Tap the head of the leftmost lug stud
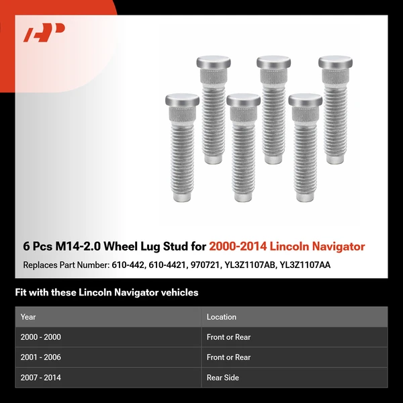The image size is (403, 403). (x=182, y=100)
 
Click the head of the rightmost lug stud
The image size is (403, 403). (x=335, y=62)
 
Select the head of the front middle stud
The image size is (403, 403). (x=243, y=100)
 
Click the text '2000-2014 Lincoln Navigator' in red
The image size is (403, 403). (x=287, y=247)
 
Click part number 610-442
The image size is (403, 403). (x=126, y=265)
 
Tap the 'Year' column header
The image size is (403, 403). (x=28, y=317)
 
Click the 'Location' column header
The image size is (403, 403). (x=221, y=317)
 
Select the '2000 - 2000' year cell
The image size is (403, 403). (x=41, y=337)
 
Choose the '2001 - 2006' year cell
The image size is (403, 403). (x=41, y=357)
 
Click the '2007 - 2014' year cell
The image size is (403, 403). (x=41, y=377)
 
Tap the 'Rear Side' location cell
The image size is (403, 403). (x=223, y=377)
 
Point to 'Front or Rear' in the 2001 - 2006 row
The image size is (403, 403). (x=228, y=357)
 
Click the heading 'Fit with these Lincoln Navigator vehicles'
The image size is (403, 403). (x=106, y=293)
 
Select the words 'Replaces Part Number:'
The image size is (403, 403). (x=64, y=265)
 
